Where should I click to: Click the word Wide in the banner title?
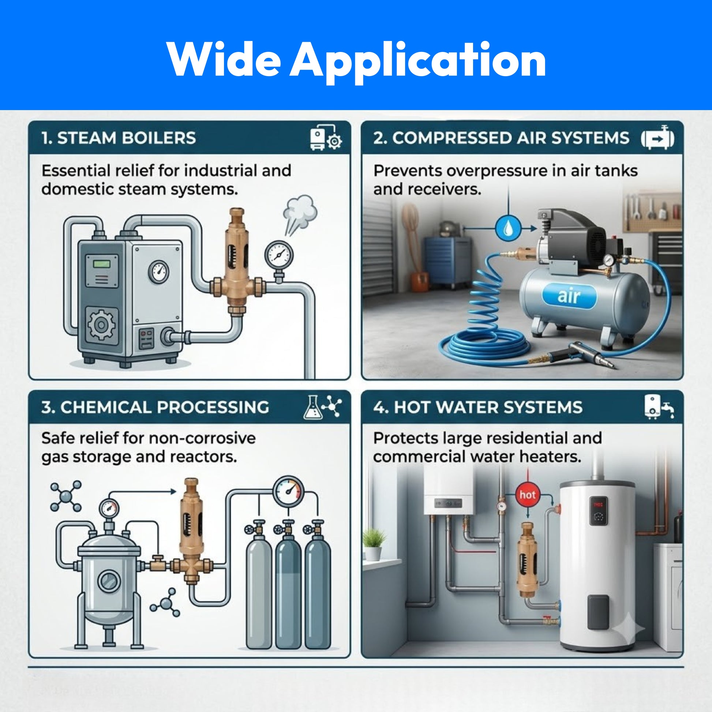223,60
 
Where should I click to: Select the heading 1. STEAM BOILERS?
118,138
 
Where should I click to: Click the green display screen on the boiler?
102,264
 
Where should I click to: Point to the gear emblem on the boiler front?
101,325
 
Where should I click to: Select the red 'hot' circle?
527,495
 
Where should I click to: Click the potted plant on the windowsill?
374,545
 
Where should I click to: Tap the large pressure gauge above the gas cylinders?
289,492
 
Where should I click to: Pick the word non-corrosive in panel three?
202,438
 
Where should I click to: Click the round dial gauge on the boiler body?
159,272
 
